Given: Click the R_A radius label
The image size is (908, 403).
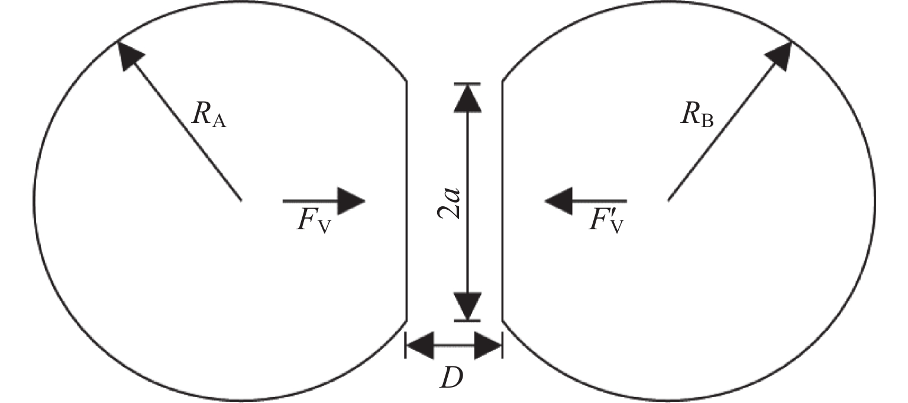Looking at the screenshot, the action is pyautogui.click(x=209, y=115).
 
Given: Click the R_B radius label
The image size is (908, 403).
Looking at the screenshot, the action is pyautogui.click(x=697, y=115).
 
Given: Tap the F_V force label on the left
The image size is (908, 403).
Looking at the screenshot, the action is pyautogui.click(x=314, y=221).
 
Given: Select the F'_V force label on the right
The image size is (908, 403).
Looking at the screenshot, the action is pyautogui.click(x=606, y=221).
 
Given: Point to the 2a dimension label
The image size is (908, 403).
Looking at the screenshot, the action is pyautogui.click(x=449, y=204).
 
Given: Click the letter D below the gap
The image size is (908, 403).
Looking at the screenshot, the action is pyautogui.click(x=452, y=379).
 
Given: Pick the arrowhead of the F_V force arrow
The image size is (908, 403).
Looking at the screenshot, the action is pyautogui.click(x=351, y=201).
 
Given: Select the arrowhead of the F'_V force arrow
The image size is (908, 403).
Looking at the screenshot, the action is pyautogui.click(x=558, y=201).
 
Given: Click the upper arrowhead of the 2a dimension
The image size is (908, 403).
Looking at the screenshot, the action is pyautogui.click(x=467, y=99).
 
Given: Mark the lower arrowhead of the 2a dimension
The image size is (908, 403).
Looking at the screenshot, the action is pyautogui.click(x=467, y=306).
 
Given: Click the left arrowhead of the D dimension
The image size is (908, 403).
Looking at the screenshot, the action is pyautogui.click(x=419, y=346).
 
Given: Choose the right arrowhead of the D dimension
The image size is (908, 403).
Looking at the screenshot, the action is pyautogui.click(x=489, y=346).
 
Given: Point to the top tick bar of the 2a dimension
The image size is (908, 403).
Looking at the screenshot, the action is pyautogui.click(x=467, y=84).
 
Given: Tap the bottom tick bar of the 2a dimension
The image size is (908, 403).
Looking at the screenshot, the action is pyautogui.click(x=467, y=321).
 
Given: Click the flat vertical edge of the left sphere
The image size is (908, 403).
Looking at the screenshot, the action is pyautogui.click(x=406, y=201).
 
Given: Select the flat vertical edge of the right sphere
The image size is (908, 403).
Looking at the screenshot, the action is pyautogui.click(x=503, y=201).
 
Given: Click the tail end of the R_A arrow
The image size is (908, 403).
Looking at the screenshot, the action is pyautogui.click(x=241, y=200).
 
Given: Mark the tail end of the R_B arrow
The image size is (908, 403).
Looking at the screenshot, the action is pyautogui.click(x=668, y=200).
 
